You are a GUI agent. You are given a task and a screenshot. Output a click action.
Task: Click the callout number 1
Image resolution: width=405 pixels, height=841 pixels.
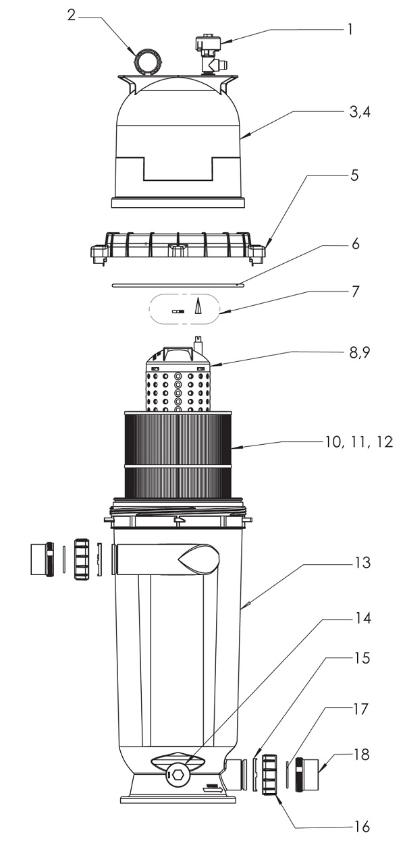coord(350,29)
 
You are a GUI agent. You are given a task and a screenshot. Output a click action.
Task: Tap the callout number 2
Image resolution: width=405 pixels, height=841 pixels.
coord(72,16)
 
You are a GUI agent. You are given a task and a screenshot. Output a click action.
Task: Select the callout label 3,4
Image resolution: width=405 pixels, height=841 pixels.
coord(360,112)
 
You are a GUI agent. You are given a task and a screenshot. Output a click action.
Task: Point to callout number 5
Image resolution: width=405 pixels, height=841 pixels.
coord(354,175)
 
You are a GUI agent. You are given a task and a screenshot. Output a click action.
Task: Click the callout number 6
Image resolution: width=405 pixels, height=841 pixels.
coord(355,244)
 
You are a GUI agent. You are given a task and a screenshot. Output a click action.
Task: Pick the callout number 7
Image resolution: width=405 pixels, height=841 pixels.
coord(354,291)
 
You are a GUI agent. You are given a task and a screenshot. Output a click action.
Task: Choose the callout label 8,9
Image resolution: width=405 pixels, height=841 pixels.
coord(360,352)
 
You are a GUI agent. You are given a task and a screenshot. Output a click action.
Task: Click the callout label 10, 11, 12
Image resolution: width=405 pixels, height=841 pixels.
coord(359,442)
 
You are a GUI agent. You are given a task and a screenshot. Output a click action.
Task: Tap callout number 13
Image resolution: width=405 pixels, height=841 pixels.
coord(363,562)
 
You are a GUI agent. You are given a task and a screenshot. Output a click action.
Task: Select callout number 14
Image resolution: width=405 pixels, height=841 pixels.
coord(363,618)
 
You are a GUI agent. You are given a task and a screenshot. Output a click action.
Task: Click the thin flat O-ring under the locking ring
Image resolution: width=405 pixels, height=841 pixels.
coord(178,285)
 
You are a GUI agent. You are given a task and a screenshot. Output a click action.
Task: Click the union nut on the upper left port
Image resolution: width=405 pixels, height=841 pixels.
coord(82,560)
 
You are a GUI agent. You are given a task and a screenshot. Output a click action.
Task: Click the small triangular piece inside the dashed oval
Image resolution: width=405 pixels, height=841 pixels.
coord(196,306)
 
